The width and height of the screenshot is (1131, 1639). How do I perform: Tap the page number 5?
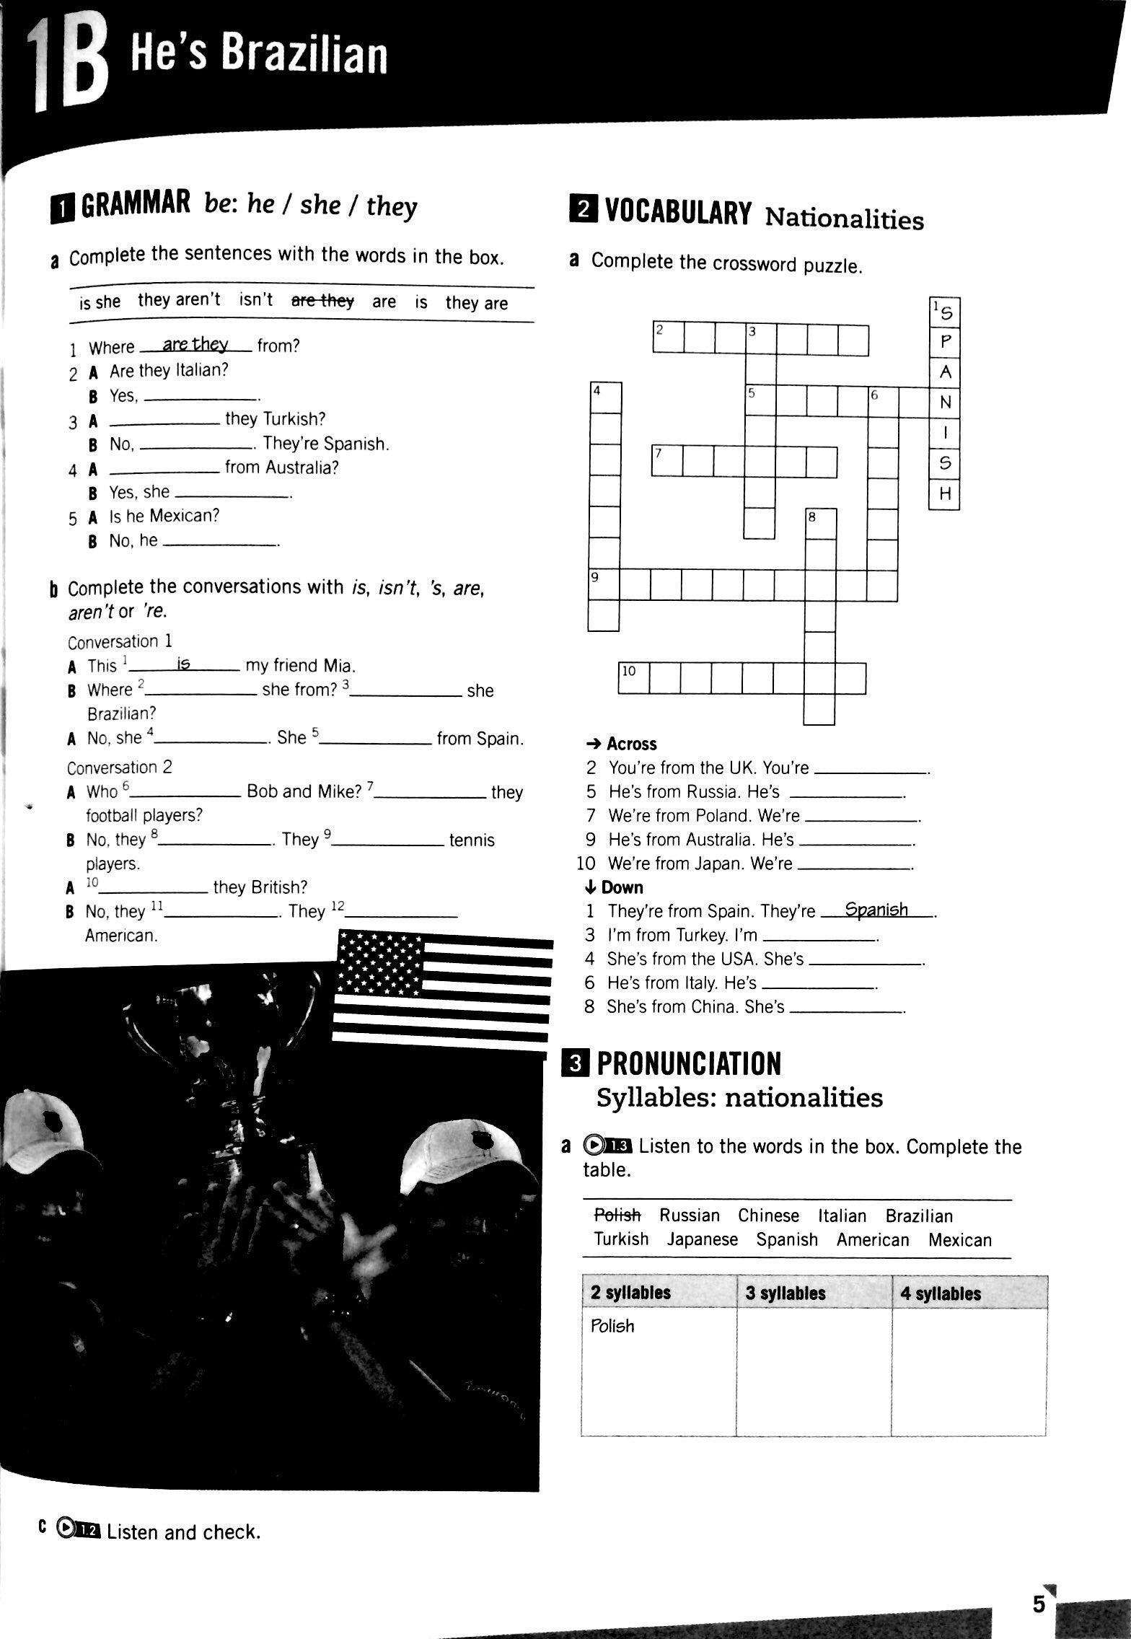(1039, 1583)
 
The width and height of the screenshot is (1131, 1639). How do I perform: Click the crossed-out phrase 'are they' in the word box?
(322, 301)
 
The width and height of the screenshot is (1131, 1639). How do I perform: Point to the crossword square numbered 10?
(633, 678)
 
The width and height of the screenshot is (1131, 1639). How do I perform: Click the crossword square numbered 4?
(605, 397)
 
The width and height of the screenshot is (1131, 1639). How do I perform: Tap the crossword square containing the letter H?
(945, 494)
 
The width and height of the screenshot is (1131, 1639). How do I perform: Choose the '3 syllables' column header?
(785, 1293)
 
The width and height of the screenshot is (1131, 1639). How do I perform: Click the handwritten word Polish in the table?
(612, 1326)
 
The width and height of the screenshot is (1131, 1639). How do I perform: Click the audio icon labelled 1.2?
(78, 1529)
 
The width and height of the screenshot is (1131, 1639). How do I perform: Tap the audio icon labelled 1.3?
(609, 1146)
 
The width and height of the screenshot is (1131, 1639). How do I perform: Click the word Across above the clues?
(631, 744)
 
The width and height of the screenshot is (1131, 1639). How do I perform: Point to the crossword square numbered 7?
(666, 461)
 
